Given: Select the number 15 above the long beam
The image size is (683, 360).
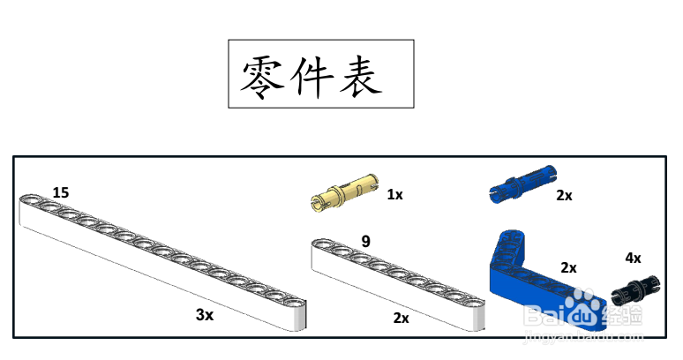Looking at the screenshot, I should click(61, 192).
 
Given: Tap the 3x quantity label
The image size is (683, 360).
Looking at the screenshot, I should click(205, 314).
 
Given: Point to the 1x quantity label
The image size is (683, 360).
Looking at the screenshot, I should click(394, 194).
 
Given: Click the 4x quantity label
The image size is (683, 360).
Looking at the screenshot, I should click(633, 258).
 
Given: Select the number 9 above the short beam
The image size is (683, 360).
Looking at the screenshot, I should click(366, 239).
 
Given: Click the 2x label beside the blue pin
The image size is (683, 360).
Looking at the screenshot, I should click(564, 195).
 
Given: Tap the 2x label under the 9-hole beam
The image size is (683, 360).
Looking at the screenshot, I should click(401, 318).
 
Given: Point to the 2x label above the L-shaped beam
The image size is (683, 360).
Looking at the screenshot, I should click(568, 266).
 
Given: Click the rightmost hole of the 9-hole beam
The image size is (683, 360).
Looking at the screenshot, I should click(474, 302).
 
